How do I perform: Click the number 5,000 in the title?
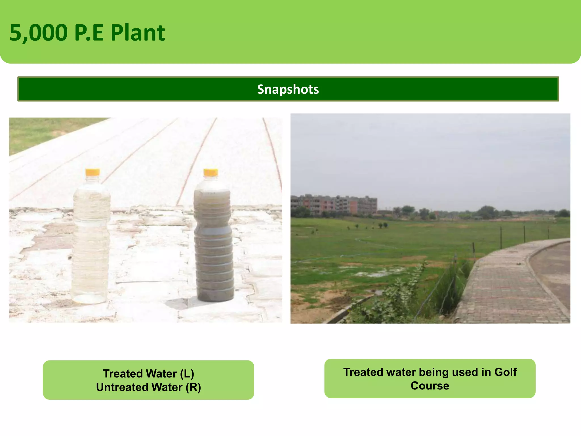click(x=39, y=33)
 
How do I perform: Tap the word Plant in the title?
click(x=138, y=33)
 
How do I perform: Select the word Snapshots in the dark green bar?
click(x=288, y=89)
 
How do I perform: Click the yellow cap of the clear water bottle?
click(x=92, y=172)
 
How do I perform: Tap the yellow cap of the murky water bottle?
click(x=210, y=172)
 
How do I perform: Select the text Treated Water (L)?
click(x=148, y=374)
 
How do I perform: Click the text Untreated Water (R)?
click(x=148, y=387)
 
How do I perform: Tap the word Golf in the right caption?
click(x=506, y=372)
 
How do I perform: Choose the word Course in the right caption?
click(x=430, y=386)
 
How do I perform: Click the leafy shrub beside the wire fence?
click(x=397, y=298)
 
